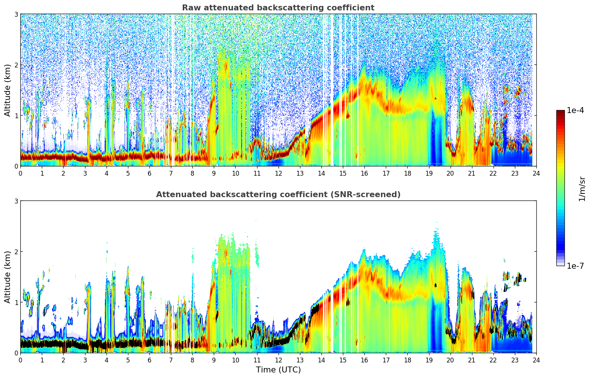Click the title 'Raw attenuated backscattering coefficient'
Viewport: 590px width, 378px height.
point(278,8)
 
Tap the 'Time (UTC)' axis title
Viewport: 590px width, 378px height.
point(278,369)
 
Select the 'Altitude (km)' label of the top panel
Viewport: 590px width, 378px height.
point(8,90)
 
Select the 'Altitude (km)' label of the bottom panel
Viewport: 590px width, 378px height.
point(8,277)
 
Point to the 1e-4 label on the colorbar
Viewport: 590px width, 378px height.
point(575,110)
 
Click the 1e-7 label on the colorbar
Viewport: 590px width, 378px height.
point(575,266)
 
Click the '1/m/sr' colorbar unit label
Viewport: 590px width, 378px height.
point(582,189)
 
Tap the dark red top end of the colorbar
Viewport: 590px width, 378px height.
point(560,112)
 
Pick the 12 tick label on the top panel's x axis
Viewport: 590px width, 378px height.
point(278,173)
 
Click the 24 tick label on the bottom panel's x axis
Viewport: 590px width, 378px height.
point(536,360)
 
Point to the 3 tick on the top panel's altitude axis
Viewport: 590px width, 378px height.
point(16,14)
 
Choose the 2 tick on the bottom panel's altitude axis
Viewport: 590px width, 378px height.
point(16,252)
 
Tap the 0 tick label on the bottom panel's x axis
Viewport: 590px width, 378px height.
point(20,360)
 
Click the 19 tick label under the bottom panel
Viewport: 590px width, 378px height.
point(429,360)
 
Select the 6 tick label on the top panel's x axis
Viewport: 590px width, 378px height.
point(149,173)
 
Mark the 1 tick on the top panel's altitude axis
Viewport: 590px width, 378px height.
point(16,116)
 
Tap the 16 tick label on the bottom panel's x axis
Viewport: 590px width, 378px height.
point(364,360)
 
